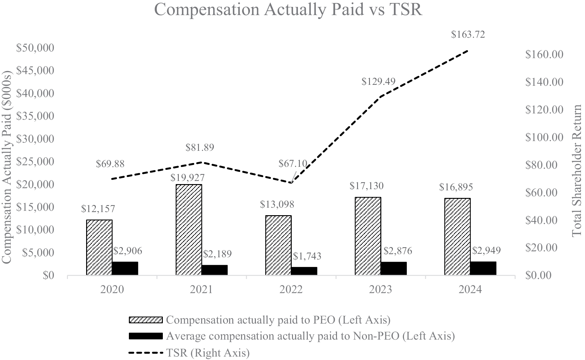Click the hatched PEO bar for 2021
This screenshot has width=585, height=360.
click(189, 229)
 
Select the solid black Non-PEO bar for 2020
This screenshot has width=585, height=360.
click(125, 268)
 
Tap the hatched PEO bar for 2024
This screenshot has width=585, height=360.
click(457, 236)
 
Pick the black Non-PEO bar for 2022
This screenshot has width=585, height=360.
click(304, 271)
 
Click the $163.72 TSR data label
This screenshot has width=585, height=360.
click(468, 34)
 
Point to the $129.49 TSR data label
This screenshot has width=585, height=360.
click(378, 82)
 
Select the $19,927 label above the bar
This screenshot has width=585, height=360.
click(187, 178)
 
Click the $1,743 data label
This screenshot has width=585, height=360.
click(307, 256)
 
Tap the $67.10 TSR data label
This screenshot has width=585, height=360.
click(293, 164)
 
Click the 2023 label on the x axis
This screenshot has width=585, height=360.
click(380, 289)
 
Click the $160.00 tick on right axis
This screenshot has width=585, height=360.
click(544, 54)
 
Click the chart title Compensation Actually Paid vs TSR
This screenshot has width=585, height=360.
click(288, 10)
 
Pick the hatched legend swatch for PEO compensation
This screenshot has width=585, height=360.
click(146, 320)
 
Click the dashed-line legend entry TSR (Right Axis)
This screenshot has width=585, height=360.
click(189, 353)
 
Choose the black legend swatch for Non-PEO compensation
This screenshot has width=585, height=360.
click(146, 336)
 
